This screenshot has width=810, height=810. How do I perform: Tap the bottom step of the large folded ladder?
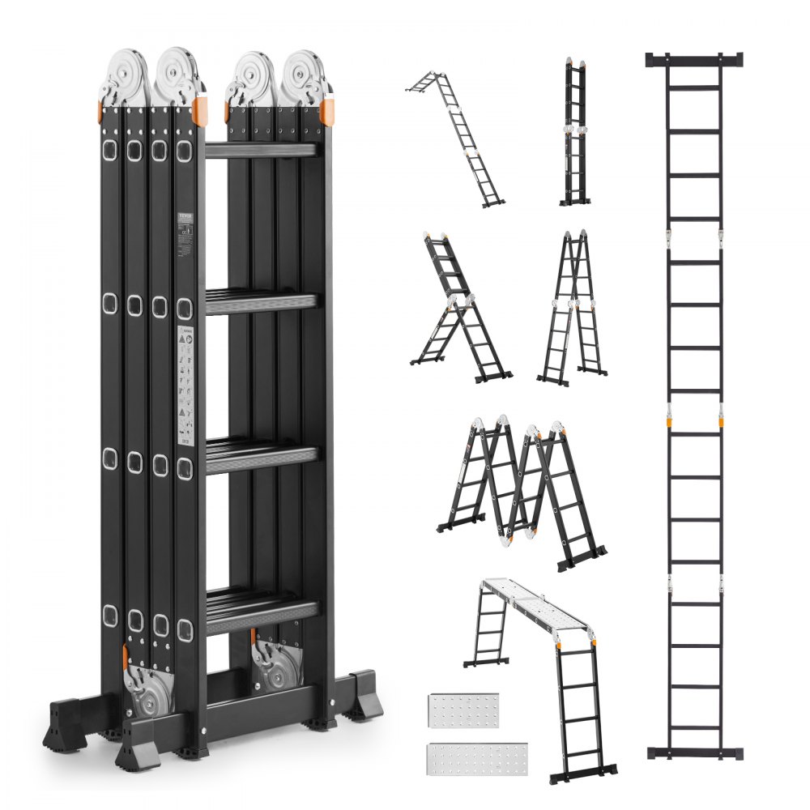tap(261, 611)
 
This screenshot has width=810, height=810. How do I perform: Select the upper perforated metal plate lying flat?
tap(464, 710)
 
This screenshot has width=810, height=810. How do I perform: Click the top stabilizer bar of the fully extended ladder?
tap(694, 60)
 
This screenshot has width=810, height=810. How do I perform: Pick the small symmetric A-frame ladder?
tap(573, 308)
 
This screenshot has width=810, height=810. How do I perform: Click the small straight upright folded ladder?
tap(576, 134)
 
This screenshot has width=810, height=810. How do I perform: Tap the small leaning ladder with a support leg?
tap(458, 312)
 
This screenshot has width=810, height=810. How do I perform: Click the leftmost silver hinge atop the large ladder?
tap(123, 77)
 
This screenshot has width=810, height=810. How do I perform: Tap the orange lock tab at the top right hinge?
tap(327, 112)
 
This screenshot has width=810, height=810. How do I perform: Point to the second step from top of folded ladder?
tap(261, 300)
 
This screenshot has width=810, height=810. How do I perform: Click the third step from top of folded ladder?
tap(261, 455)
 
